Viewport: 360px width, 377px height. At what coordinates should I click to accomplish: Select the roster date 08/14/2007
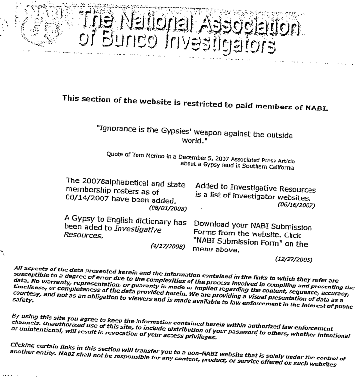87,200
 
